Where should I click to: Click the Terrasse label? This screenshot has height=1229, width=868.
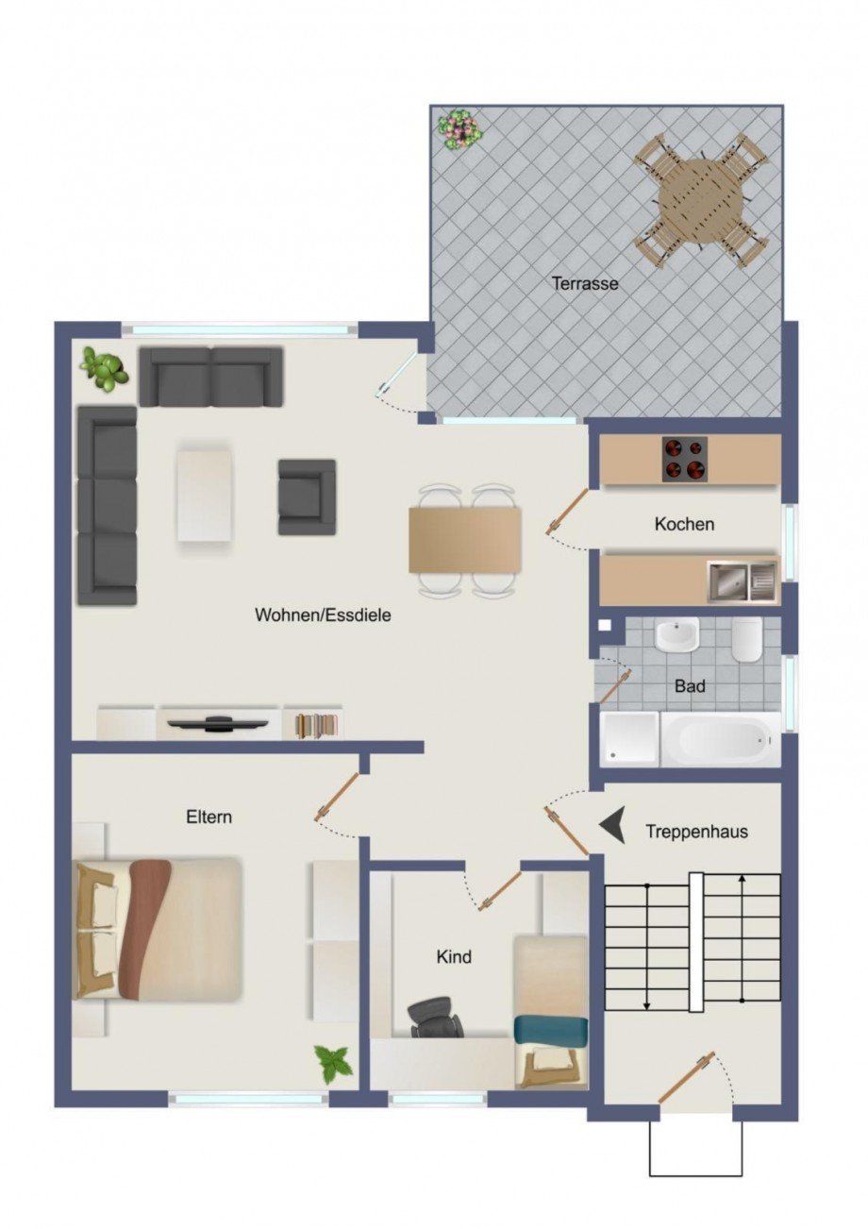585,283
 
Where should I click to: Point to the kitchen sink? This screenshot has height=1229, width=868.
742,581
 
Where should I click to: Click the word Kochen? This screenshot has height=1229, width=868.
684,524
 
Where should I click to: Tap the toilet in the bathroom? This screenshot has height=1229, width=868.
745,641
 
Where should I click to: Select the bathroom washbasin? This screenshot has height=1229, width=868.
676,634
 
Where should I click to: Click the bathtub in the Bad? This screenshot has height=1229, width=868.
720,739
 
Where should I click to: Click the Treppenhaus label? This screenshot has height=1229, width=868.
696,832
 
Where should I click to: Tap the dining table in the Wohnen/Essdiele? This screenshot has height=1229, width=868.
464,539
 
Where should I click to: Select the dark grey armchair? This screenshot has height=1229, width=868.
306,497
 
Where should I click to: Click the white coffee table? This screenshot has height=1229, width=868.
204,495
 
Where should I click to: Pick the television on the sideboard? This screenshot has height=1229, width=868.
218,724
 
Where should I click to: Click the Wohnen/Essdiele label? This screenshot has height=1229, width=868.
323,614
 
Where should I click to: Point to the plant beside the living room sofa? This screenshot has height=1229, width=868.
104,368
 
